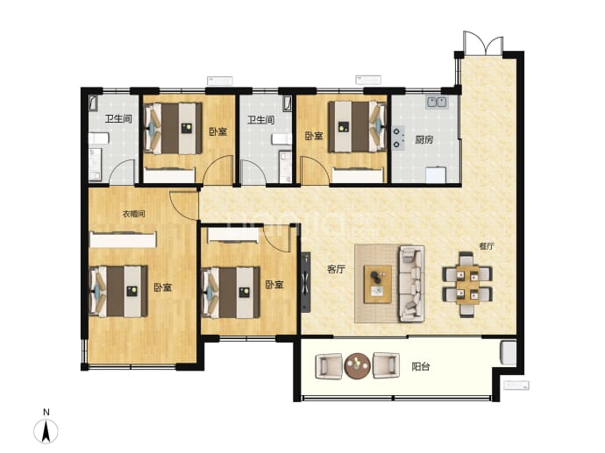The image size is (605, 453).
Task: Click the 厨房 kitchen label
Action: [x=424, y=139]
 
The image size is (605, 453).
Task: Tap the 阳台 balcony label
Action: [x=421, y=366]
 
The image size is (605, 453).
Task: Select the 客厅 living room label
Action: [x=336, y=269]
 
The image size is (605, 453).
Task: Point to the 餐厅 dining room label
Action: [x=486, y=246]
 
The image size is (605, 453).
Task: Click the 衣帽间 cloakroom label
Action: [x=133, y=214]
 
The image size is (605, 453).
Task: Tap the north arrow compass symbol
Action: [x=46, y=430]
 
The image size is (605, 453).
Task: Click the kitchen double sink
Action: [x=438, y=102]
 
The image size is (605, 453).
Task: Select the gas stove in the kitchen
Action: [x=399, y=138]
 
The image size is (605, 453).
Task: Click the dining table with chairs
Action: [x=466, y=284]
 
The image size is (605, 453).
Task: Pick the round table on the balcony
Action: [x=357, y=365]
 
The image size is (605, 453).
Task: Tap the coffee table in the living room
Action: [x=377, y=284]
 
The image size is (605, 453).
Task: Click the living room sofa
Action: [x=412, y=283]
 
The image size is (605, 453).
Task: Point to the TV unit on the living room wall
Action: [x=306, y=282]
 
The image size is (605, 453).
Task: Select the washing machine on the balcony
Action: [x=509, y=353]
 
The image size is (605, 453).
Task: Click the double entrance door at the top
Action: [x=483, y=44]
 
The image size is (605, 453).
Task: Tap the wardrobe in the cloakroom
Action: [x=123, y=239]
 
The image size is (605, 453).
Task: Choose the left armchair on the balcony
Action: [x=329, y=366]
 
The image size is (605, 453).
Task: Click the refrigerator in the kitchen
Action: [x=436, y=174]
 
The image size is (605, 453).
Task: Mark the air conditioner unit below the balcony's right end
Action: [x=516, y=386]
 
